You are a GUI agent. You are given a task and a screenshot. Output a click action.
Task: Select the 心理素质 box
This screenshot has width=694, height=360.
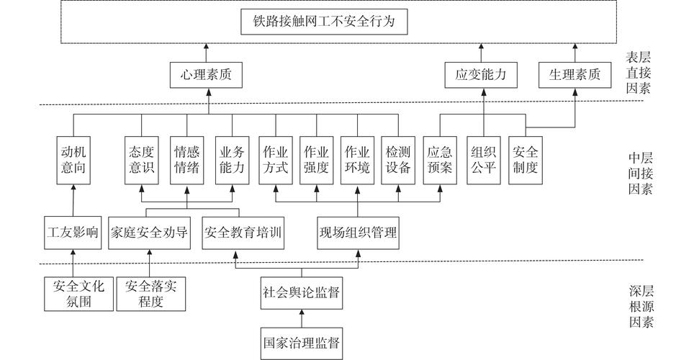205,74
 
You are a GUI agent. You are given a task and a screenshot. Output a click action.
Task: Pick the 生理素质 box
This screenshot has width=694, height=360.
574,74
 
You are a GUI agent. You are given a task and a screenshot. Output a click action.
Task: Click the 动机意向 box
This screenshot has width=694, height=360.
73,160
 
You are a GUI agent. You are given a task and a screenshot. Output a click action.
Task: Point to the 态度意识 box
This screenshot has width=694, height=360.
141,160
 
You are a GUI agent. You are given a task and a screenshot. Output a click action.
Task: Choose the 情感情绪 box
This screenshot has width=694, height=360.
187,160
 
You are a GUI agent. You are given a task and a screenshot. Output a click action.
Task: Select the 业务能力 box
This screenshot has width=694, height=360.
233,160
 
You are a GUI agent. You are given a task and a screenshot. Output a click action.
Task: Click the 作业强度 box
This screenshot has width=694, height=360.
317,160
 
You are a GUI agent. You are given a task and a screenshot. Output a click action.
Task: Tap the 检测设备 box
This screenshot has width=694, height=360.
398,160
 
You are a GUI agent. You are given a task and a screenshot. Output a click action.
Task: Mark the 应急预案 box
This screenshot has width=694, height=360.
440,160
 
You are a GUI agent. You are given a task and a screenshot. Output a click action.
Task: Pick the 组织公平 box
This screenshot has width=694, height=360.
483,160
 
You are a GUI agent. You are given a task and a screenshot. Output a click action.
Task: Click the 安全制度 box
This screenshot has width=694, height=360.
525,160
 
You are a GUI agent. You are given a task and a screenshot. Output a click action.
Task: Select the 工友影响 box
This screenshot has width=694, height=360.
73,232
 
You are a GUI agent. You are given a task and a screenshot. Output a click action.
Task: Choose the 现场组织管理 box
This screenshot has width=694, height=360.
358,232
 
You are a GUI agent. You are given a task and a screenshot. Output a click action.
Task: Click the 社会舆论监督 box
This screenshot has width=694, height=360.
301,293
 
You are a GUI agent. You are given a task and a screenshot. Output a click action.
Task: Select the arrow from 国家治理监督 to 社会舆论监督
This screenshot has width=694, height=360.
301,318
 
